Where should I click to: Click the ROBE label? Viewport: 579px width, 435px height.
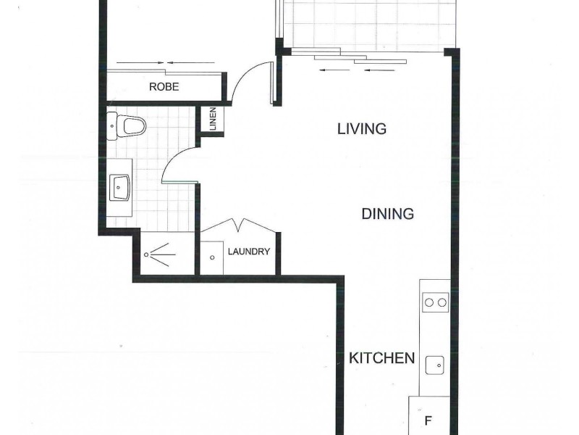click(x=164, y=87)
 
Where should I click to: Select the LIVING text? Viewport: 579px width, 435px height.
click(x=362, y=129)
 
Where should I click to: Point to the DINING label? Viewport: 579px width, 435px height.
click(x=387, y=214)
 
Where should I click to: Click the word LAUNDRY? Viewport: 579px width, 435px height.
click(x=249, y=252)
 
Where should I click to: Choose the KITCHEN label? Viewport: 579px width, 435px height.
click(x=381, y=358)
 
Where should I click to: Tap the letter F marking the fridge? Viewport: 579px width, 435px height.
click(x=428, y=420)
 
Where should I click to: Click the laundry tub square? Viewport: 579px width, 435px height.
click(x=212, y=257)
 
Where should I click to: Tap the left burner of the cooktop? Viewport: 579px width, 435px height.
click(x=428, y=302)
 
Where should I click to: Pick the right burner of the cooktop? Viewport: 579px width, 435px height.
click(x=441, y=302)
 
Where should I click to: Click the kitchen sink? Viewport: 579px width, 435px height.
click(x=435, y=365)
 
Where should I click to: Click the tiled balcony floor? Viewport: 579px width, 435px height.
click(x=369, y=25)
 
